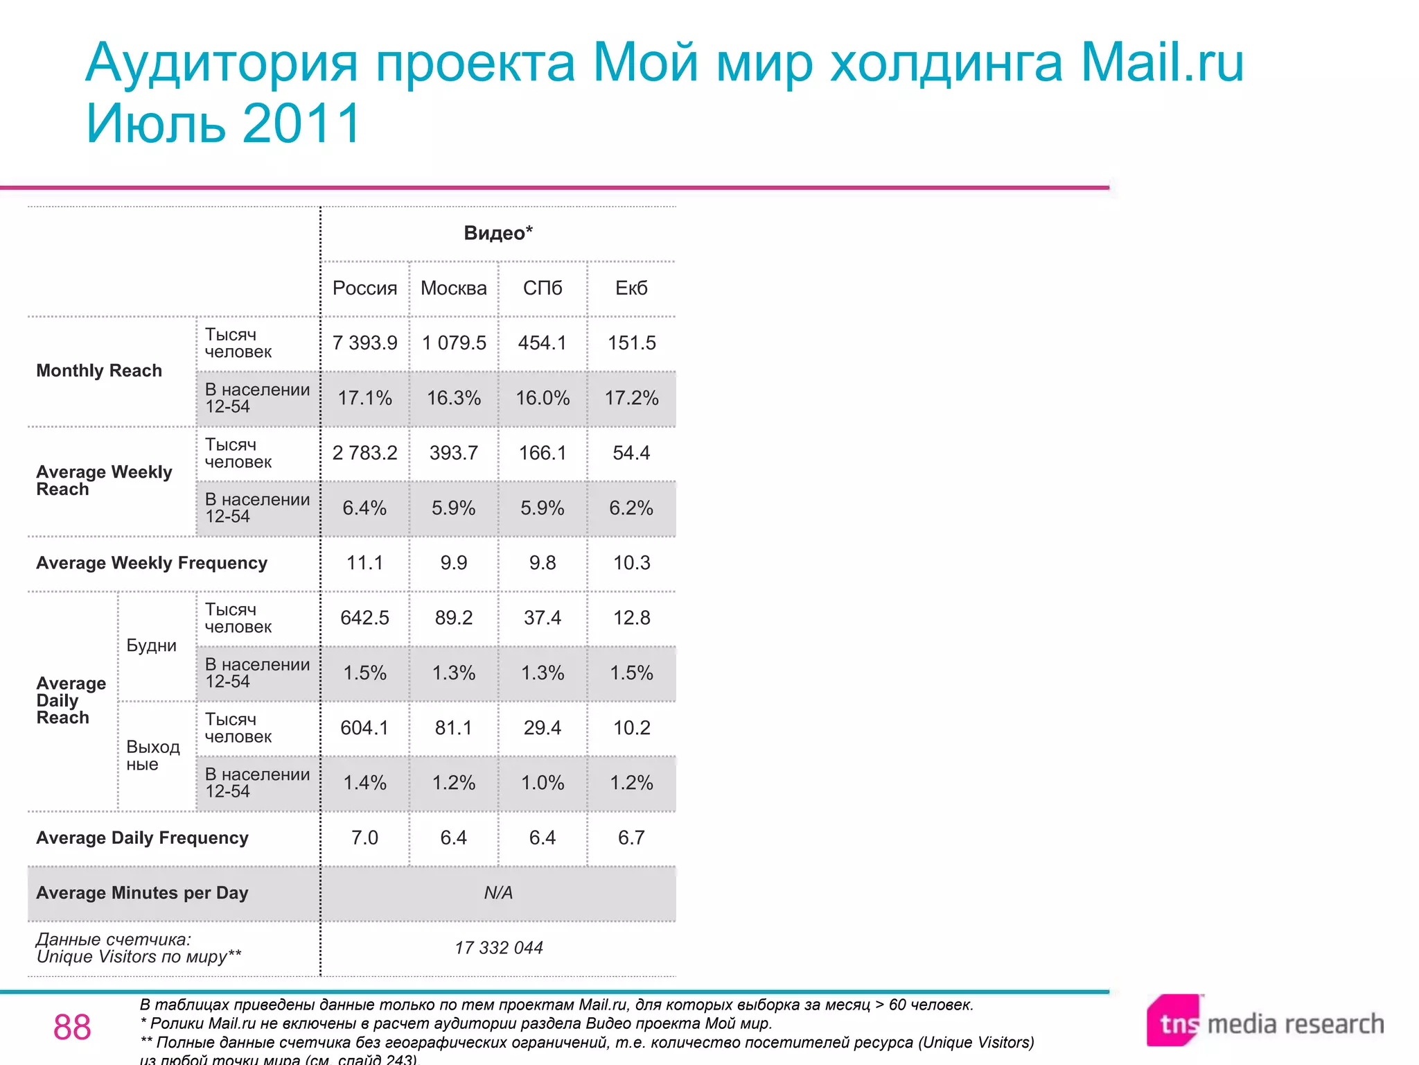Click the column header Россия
[x=364, y=288]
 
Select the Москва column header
[x=453, y=288]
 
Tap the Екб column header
[x=631, y=288]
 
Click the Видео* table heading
[x=498, y=233]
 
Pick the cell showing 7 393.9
[x=364, y=343]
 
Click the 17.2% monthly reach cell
[x=631, y=398]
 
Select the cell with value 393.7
[x=453, y=453]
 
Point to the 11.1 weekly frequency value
[x=364, y=562]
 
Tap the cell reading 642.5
[x=364, y=618]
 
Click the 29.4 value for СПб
[x=543, y=727]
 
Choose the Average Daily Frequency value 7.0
[x=364, y=838]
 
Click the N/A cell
[x=498, y=892]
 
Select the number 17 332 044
[x=498, y=948]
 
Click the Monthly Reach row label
[x=99, y=371]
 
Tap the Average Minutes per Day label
[x=142, y=893]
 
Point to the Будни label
[x=151, y=646]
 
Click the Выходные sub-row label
[x=152, y=755]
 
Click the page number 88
[x=72, y=1027]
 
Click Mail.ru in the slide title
[x=1162, y=62]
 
